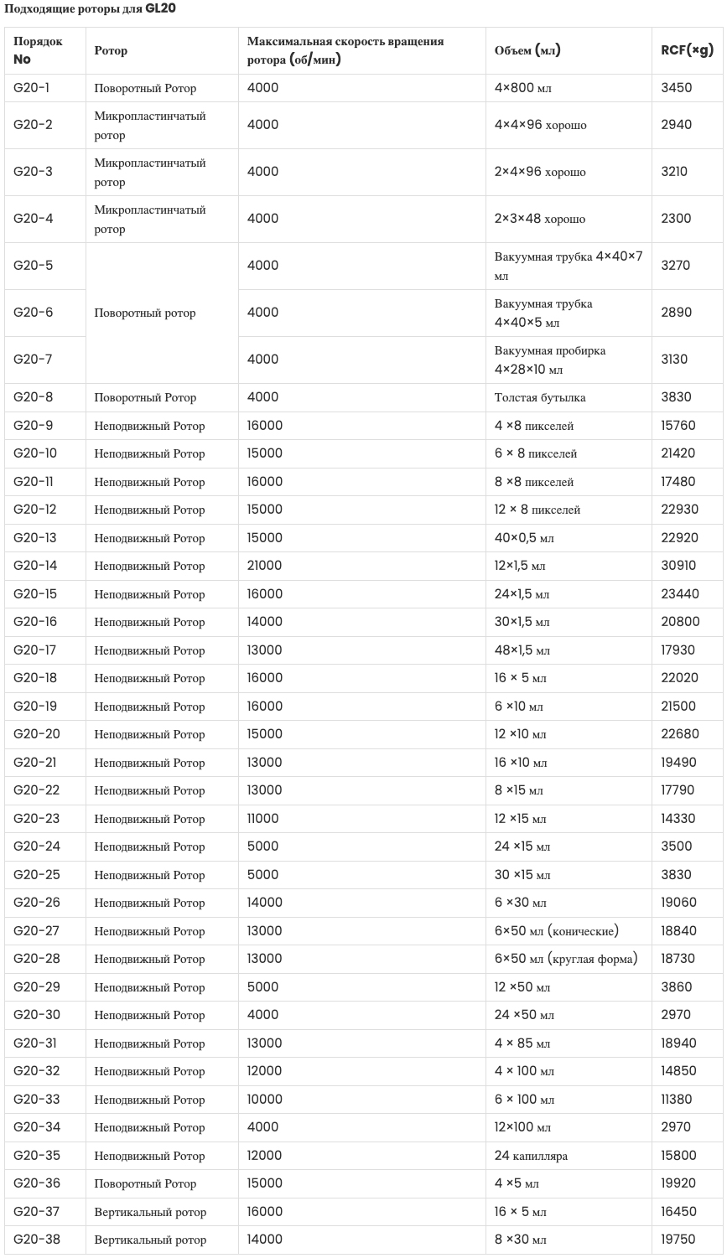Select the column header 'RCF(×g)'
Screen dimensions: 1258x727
[687, 50]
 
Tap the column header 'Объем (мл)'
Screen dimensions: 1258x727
[527, 50]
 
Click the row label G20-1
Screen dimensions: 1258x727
[31, 88]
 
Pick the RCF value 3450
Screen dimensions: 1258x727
[677, 88]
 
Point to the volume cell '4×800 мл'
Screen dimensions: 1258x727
[523, 88]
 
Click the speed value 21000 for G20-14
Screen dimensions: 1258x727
[265, 566]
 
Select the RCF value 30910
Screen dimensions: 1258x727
[678, 566]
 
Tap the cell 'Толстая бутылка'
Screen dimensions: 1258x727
[540, 397]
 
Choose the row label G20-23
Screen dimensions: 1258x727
[37, 819]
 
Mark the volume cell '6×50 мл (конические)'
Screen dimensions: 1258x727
[557, 931]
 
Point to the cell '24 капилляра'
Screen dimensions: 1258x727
[531, 1156]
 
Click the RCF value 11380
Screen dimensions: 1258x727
[678, 1100]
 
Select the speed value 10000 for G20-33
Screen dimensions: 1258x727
[265, 1100]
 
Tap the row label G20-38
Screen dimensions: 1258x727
[37, 1240]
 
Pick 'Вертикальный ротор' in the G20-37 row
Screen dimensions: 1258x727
[150, 1212]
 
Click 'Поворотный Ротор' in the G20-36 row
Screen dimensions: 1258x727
[145, 1183]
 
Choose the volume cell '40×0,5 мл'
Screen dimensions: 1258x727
[524, 538]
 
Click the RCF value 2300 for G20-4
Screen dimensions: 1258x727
[676, 219]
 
